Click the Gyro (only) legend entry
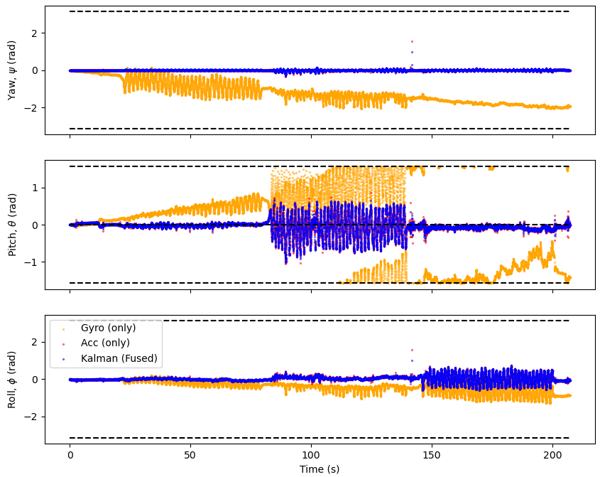(x=108, y=328)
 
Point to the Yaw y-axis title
(x=12, y=70)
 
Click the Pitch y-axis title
(x=12, y=225)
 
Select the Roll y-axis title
(x=12, y=379)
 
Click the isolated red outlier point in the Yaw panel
(x=412, y=42)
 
